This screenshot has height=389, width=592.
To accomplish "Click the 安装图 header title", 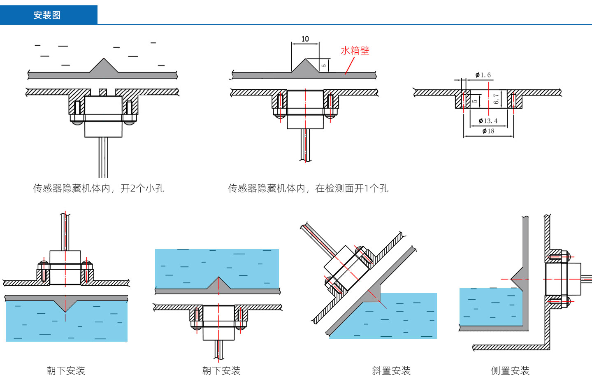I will [x=47, y=15].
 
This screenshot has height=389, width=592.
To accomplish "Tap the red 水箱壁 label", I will [x=355, y=51].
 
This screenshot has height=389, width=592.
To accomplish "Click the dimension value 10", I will [x=305, y=39].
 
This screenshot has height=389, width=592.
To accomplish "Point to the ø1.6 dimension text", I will [x=483, y=75].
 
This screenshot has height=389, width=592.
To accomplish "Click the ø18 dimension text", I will [x=488, y=131].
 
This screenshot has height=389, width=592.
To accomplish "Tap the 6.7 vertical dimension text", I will [x=496, y=99].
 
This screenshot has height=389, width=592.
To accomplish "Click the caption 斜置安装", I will [x=391, y=370].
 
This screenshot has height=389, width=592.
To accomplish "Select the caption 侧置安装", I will [x=510, y=370].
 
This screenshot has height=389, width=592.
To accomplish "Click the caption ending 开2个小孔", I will [x=99, y=188].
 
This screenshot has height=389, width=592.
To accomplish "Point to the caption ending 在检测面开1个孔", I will [x=308, y=188].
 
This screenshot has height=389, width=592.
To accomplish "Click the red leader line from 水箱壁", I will [x=350, y=66].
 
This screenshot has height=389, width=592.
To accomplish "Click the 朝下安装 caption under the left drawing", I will [x=66, y=370].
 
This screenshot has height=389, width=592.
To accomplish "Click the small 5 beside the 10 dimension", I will [x=324, y=65].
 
